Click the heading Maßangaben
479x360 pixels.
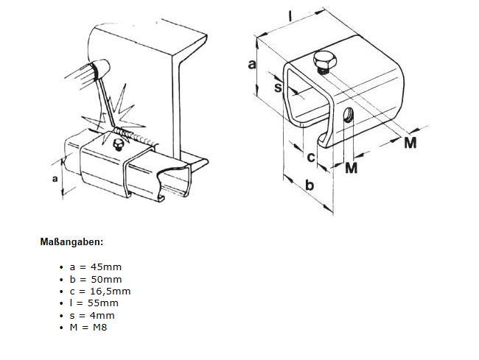71,242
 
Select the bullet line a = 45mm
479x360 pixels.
95,267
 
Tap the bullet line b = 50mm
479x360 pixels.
96,279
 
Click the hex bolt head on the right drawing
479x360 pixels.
324,60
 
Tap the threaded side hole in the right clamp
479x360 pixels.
347,115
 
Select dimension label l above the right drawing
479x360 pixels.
290,16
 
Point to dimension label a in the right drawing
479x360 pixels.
252,64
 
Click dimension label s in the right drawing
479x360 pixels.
278,88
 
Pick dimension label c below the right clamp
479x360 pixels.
311,157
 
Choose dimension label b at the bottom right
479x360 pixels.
310,185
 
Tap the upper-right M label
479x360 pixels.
410,143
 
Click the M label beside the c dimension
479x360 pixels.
351,168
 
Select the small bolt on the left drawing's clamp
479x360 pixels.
117,144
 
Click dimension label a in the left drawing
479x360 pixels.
55,178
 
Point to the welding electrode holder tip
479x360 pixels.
101,68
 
